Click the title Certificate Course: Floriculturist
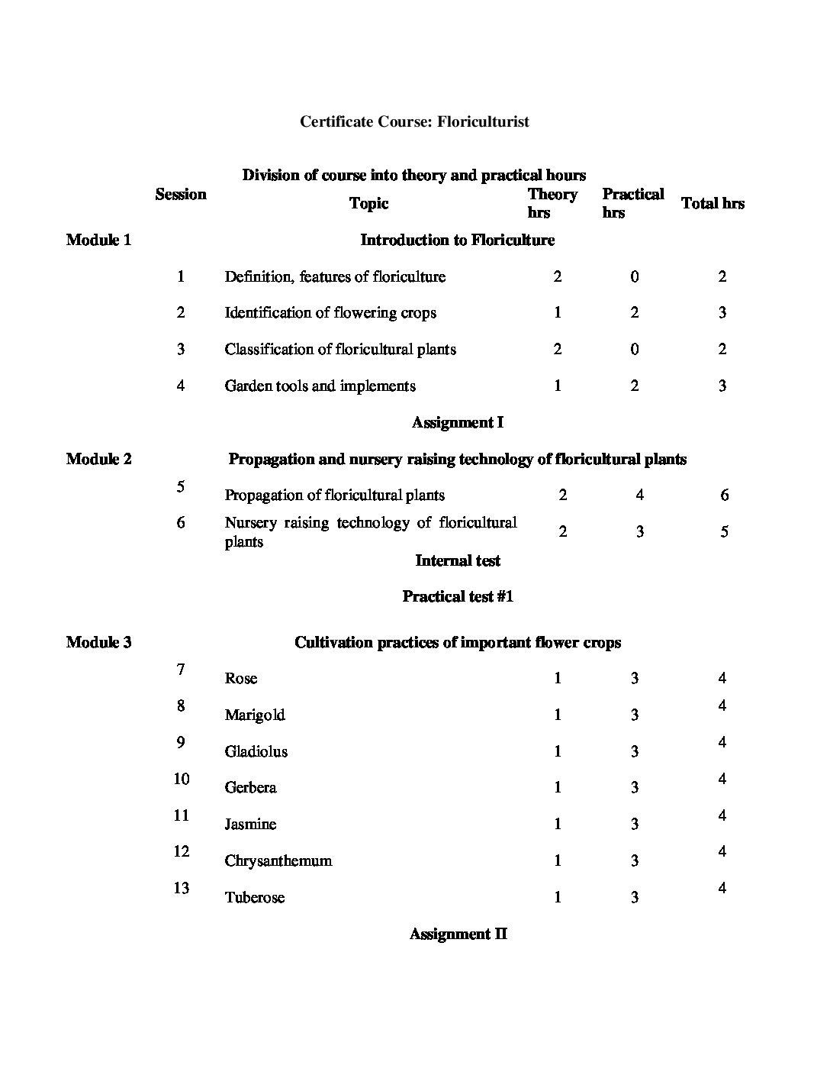tap(414, 121)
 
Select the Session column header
tap(181, 194)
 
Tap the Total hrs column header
tap(713, 203)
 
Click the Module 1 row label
tap(98, 240)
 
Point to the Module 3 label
tap(98, 642)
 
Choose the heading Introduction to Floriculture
tap(457, 240)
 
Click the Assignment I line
tap(457, 422)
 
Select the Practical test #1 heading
tap(458, 596)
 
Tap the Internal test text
tap(458, 560)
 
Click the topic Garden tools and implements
tap(320, 386)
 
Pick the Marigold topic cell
tap(255, 715)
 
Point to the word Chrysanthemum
tap(278, 860)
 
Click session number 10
tap(182, 779)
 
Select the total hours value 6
tap(724, 495)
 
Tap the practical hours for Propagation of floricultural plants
tap(639, 495)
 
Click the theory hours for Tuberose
tap(558, 897)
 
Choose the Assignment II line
tap(458, 934)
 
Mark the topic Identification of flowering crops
tap(330, 312)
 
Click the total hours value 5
tap(724, 531)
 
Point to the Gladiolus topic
tap(256, 751)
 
